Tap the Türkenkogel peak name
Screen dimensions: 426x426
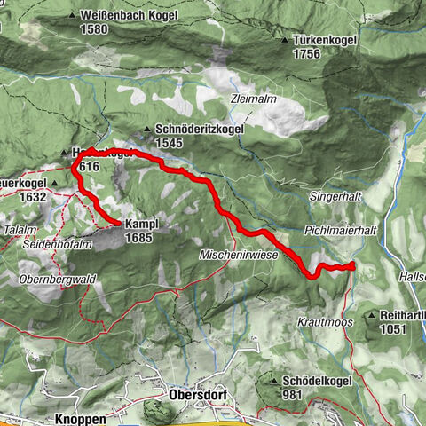point(326,41)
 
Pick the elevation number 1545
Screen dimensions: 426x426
point(170,142)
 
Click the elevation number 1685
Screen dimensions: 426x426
point(139,237)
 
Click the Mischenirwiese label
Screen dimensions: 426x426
point(240,255)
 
